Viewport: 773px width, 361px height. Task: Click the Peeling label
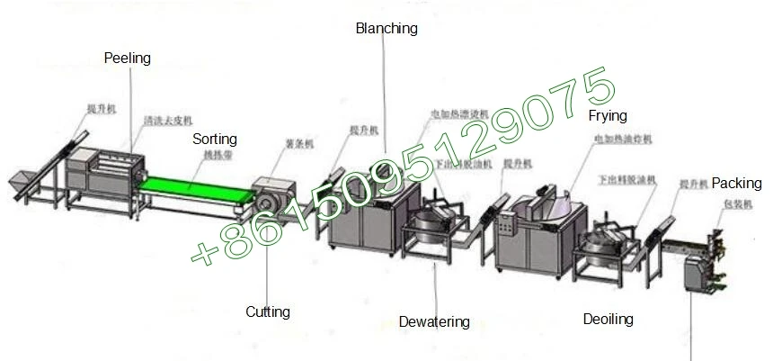127,59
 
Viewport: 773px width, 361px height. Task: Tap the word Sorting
214,140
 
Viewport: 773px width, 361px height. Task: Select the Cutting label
268,312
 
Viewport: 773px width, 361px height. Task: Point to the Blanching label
386,29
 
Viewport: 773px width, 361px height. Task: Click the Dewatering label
434,321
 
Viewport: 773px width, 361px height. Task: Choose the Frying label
608,116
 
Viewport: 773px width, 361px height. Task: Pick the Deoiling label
608,320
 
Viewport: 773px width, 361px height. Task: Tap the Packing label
736,184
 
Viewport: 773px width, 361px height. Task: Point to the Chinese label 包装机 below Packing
733,203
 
